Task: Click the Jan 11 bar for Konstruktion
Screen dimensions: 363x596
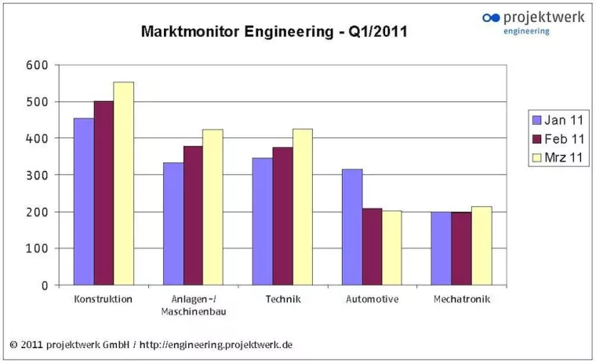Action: point(84,201)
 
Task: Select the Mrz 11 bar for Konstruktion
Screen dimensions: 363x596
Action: point(124,183)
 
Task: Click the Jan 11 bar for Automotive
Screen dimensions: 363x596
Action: point(352,227)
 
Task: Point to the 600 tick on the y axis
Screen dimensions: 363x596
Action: point(37,65)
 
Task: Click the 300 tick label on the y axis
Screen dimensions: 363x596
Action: point(37,175)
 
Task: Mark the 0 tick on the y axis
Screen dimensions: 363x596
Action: point(45,285)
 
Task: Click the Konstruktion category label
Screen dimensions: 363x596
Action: point(103,299)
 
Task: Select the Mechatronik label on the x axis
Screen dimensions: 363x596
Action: point(461,299)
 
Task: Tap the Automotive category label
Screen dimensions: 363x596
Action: point(372,299)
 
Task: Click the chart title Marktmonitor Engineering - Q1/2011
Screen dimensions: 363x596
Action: point(274,32)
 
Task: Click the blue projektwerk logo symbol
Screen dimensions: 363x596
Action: point(491,17)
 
